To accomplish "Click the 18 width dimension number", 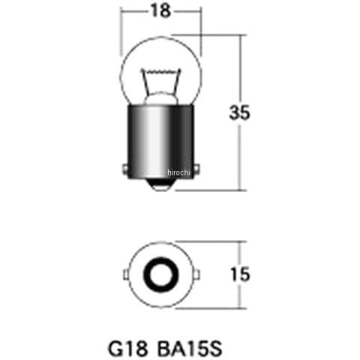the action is [x=161, y=11].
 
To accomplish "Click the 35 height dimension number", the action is [x=240, y=112].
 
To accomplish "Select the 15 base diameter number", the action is [x=240, y=274].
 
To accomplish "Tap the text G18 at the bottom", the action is [x=128, y=349].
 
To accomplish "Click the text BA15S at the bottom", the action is [x=190, y=349].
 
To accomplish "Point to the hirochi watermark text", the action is [x=178, y=172].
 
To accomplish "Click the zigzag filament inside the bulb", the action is [x=161, y=71].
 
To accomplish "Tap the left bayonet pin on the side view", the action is [x=125, y=169].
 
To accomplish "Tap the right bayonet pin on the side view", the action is [x=197, y=169].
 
